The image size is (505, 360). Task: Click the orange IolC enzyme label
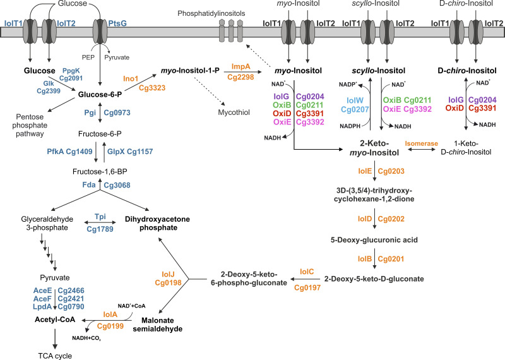307,272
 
